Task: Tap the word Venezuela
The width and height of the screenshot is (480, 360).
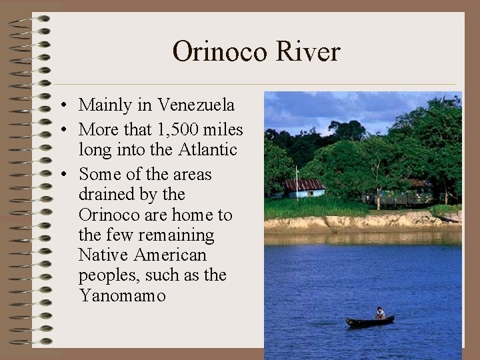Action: [196, 105]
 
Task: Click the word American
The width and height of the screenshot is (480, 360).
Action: [170, 255]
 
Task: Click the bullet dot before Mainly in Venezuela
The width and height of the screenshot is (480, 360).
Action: [61, 106]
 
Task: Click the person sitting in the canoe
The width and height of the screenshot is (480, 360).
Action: [380, 313]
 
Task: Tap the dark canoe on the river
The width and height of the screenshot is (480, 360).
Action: [369, 322]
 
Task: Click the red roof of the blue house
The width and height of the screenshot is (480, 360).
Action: [303, 184]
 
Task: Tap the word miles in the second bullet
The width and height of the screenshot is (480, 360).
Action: [225, 129]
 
